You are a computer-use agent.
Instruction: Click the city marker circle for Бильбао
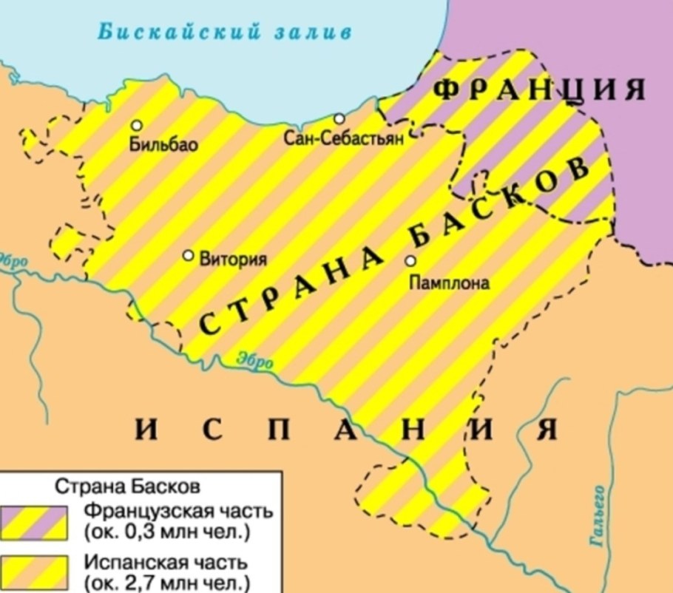[x=136, y=126]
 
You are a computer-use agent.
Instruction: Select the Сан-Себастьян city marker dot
[x=339, y=119]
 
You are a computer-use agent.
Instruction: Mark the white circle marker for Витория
[x=189, y=255]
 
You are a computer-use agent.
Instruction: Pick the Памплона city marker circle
[x=410, y=260]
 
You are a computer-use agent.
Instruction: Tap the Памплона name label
[x=450, y=282]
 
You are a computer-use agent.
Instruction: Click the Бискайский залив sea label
[x=225, y=32]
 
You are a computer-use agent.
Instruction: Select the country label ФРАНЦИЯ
[x=537, y=89]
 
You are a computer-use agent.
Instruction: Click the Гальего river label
[x=599, y=518]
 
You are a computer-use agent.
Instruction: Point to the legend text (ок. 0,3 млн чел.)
[x=168, y=532]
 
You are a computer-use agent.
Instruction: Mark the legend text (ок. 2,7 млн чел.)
[x=168, y=582]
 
